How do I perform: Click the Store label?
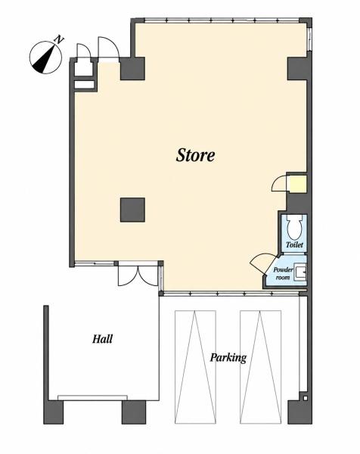click(195, 155)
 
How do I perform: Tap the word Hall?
click(102, 339)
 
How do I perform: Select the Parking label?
click(228, 358)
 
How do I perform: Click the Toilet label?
click(294, 244)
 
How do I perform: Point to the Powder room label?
click(283, 273)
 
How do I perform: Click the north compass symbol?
click(45, 58)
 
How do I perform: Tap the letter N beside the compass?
click(59, 39)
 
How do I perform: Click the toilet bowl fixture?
click(295, 227)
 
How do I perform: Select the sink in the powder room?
click(300, 272)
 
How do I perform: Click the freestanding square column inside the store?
click(132, 210)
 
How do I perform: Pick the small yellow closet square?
click(296, 184)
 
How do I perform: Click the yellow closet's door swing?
click(279, 184)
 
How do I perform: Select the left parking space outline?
click(195, 367)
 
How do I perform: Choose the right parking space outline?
click(260, 367)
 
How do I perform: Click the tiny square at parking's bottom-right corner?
click(305, 399)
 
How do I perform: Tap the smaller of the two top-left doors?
click(84, 51)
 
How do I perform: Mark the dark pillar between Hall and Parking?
click(134, 412)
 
